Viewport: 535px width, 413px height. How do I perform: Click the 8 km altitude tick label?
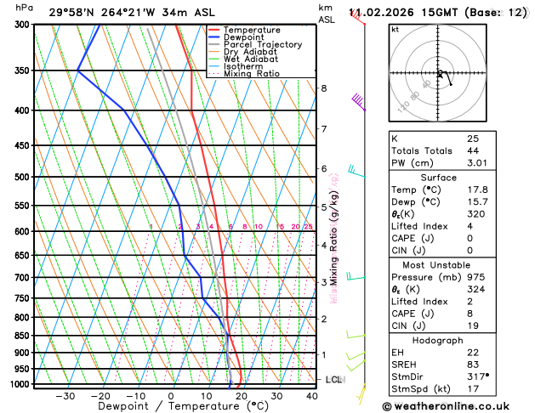point(323,88)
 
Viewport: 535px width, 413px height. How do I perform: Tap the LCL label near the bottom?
point(333,379)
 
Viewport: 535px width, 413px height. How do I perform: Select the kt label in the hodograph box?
point(395,30)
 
